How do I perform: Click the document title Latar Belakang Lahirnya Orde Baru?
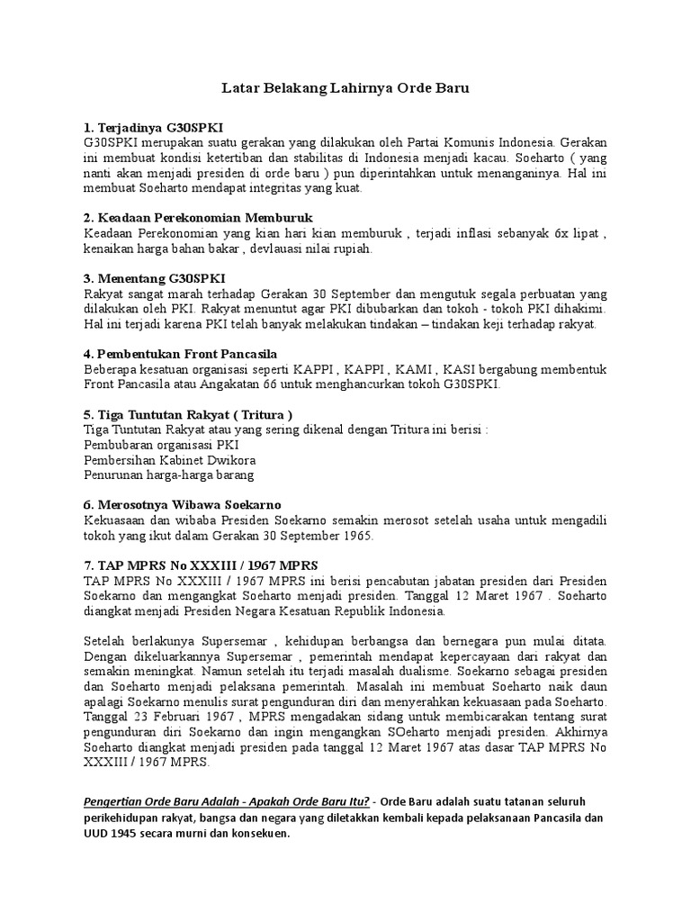[345, 89]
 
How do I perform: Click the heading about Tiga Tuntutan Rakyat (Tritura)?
[188, 414]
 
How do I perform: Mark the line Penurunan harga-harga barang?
[168, 474]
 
